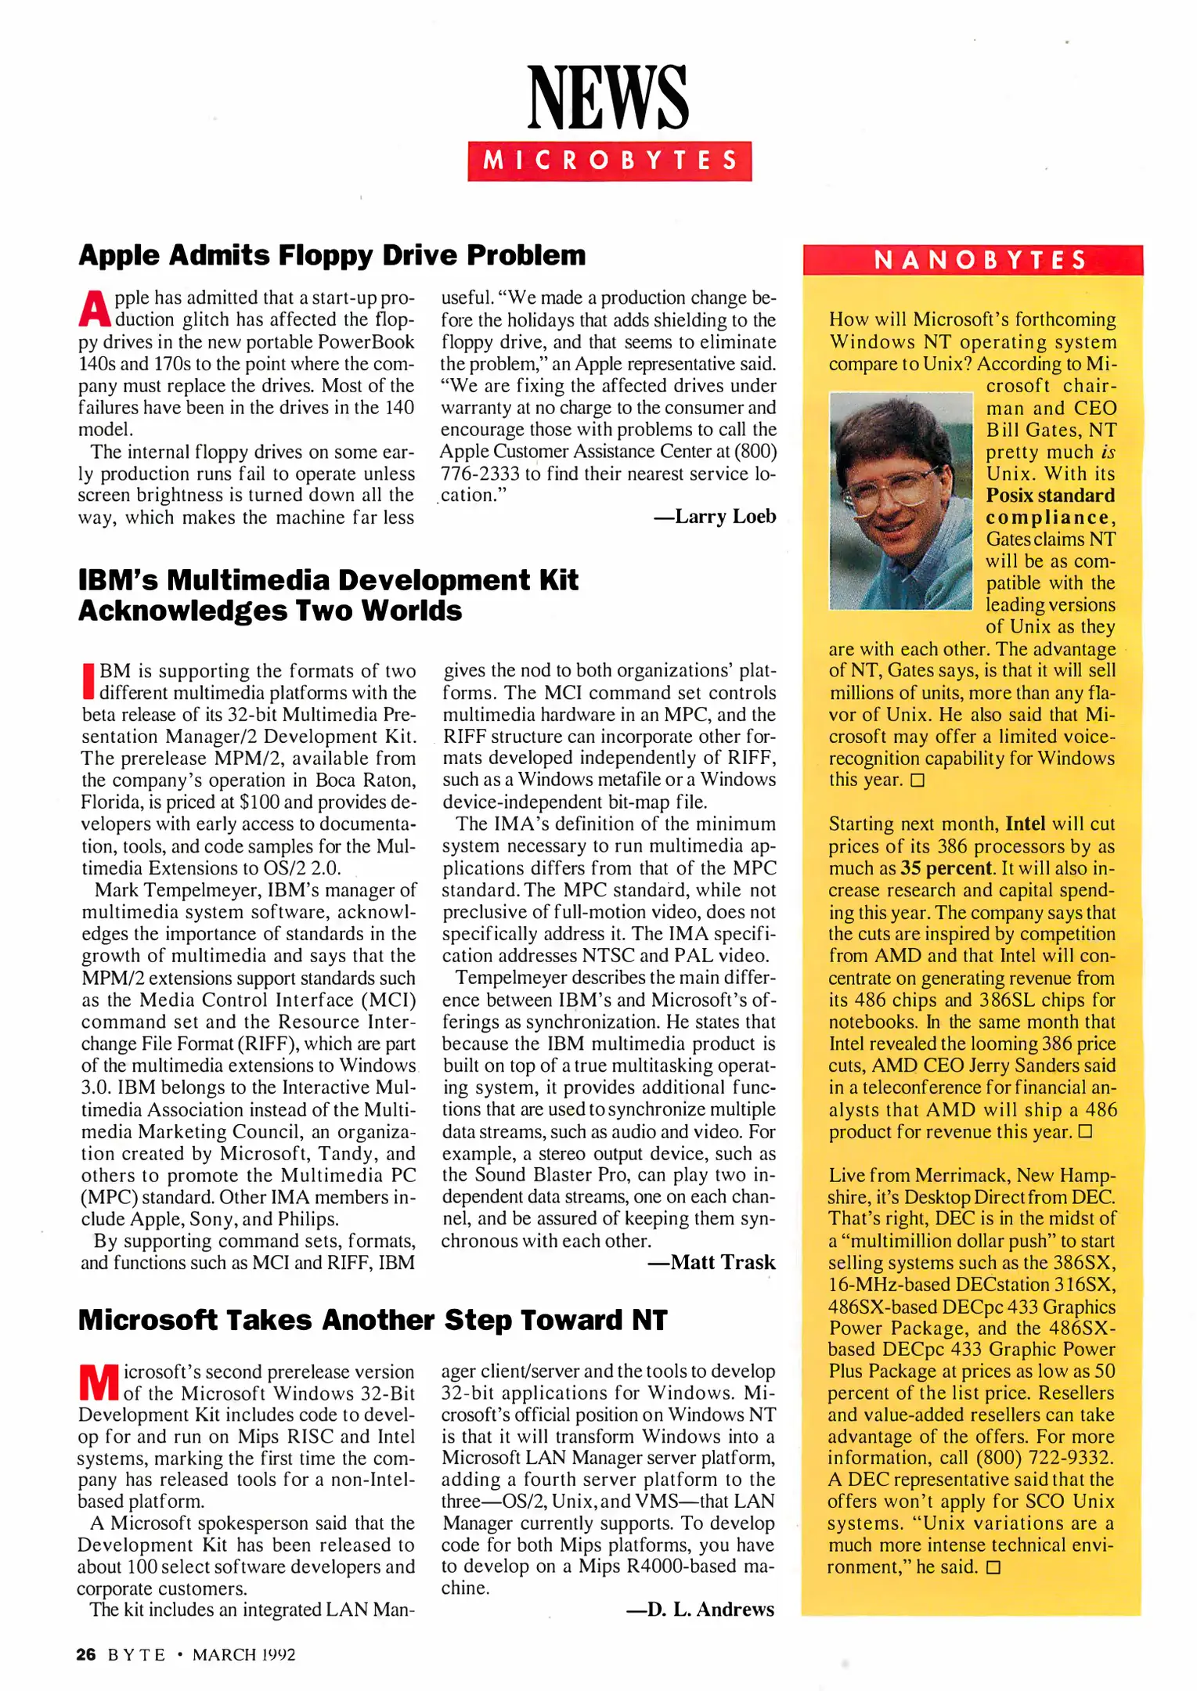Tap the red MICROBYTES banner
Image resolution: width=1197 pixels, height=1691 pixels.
click(609, 161)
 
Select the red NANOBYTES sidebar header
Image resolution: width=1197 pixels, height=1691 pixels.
click(972, 260)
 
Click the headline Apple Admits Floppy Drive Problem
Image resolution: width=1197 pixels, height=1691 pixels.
click(332, 256)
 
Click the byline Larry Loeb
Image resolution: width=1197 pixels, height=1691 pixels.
click(715, 517)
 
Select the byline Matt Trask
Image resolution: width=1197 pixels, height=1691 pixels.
click(712, 1262)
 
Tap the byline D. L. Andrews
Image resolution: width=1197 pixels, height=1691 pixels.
click(700, 1609)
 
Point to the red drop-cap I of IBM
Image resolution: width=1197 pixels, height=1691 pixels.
click(88, 682)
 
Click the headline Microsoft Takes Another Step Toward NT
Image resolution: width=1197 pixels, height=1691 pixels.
click(373, 1320)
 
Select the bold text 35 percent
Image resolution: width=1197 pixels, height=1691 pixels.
click(946, 868)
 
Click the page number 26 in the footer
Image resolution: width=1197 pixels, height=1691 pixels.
click(86, 1654)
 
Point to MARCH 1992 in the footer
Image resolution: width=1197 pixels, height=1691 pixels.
click(243, 1654)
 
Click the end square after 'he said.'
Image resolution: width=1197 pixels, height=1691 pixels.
click(993, 1567)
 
